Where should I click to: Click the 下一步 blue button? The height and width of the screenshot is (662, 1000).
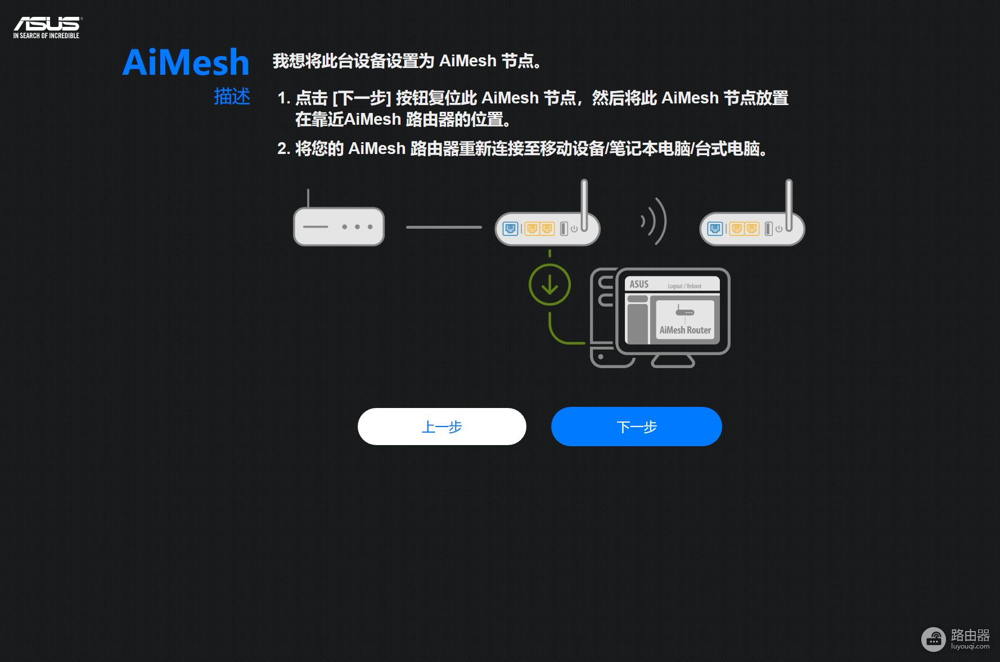click(x=636, y=427)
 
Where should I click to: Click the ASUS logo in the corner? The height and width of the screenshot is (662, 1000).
click(x=47, y=24)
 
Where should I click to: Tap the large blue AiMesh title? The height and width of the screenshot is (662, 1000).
click(x=186, y=62)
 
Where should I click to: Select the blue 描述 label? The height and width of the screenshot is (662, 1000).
click(x=232, y=96)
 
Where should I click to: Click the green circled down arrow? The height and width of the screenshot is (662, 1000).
click(x=549, y=285)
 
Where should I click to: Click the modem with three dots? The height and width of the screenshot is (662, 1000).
click(x=339, y=226)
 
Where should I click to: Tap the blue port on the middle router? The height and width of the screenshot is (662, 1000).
click(x=510, y=229)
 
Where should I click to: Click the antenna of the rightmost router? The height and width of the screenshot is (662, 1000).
click(x=789, y=205)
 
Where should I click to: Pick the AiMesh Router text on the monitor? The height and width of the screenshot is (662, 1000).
click(x=685, y=330)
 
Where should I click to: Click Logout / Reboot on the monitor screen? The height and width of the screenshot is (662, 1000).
click(x=684, y=286)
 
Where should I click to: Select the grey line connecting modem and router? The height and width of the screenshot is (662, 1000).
click(x=444, y=227)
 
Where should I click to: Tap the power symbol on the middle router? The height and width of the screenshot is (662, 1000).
click(x=574, y=229)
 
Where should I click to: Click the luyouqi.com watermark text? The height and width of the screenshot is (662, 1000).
click(x=970, y=646)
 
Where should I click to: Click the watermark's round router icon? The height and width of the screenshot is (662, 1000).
click(x=934, y=639)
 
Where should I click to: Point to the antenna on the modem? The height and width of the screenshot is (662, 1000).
click(x=308, y=198)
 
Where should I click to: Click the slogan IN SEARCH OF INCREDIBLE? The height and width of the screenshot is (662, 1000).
click(x=46, y=35)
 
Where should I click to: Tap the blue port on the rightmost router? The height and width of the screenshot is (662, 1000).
click(x=715, y=229)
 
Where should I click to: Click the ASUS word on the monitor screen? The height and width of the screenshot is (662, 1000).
click(x=639, y=284)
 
